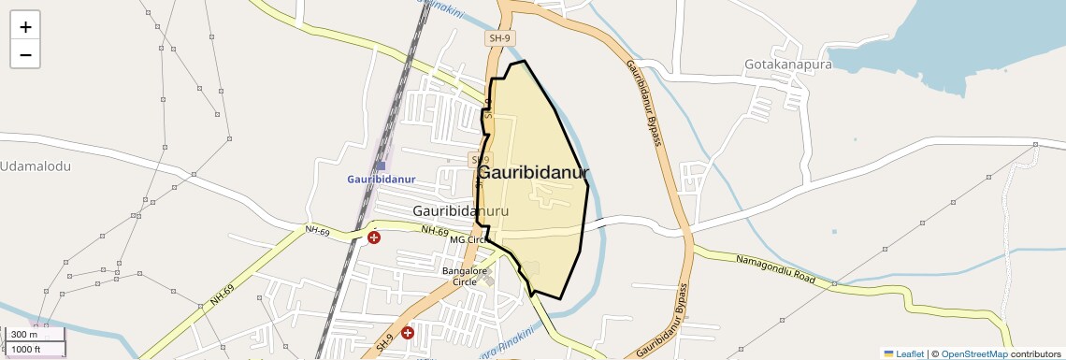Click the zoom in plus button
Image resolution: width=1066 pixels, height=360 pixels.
pos(25,27)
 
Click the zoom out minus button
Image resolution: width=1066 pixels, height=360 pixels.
pos(25,55)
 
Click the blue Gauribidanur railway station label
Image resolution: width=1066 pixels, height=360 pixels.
pos(381,180)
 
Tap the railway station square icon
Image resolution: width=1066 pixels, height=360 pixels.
pos(381,166)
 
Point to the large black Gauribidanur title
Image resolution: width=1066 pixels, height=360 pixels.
pos(533,173)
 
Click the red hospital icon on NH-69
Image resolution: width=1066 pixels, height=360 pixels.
pos(374,238)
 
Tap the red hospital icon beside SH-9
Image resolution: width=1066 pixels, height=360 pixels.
pos(408,332)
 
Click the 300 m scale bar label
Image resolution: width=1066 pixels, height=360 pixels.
pos(25,335)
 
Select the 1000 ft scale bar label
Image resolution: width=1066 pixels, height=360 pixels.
pos(25,349)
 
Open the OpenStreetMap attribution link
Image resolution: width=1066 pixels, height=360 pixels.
pos(973,353)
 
